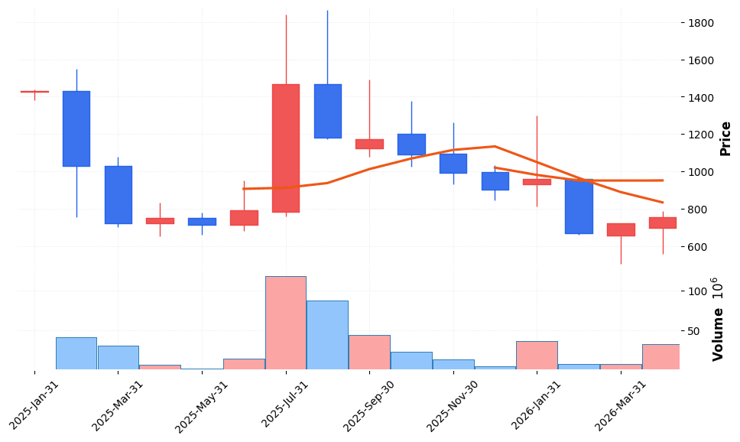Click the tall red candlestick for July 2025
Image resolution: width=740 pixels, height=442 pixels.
coord(285,148)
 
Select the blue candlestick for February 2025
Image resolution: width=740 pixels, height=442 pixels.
coord(76,128)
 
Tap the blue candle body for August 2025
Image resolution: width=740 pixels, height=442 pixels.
coord(327,111)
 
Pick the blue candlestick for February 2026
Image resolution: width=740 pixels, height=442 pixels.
coord(579,206)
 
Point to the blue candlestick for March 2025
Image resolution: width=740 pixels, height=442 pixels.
coord(118,194)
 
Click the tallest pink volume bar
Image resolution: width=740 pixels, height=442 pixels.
coord(285,323)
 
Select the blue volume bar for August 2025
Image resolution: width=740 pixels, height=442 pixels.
coord(327,335)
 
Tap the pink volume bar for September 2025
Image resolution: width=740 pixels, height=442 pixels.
coord(369,352)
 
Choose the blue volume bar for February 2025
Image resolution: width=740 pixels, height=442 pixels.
coord(76,353)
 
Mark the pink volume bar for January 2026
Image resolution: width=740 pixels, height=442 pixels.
coord(537,355)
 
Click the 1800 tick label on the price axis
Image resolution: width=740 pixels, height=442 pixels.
coord(701,23)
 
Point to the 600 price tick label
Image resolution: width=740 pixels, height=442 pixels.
coord(698,247)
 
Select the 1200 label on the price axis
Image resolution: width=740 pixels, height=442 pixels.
coord(701,135)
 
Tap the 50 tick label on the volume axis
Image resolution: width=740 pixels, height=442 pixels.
coord(695,331)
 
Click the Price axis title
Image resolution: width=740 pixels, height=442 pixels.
coord(725,138)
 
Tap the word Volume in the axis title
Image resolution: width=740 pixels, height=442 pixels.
coord(718,334)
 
